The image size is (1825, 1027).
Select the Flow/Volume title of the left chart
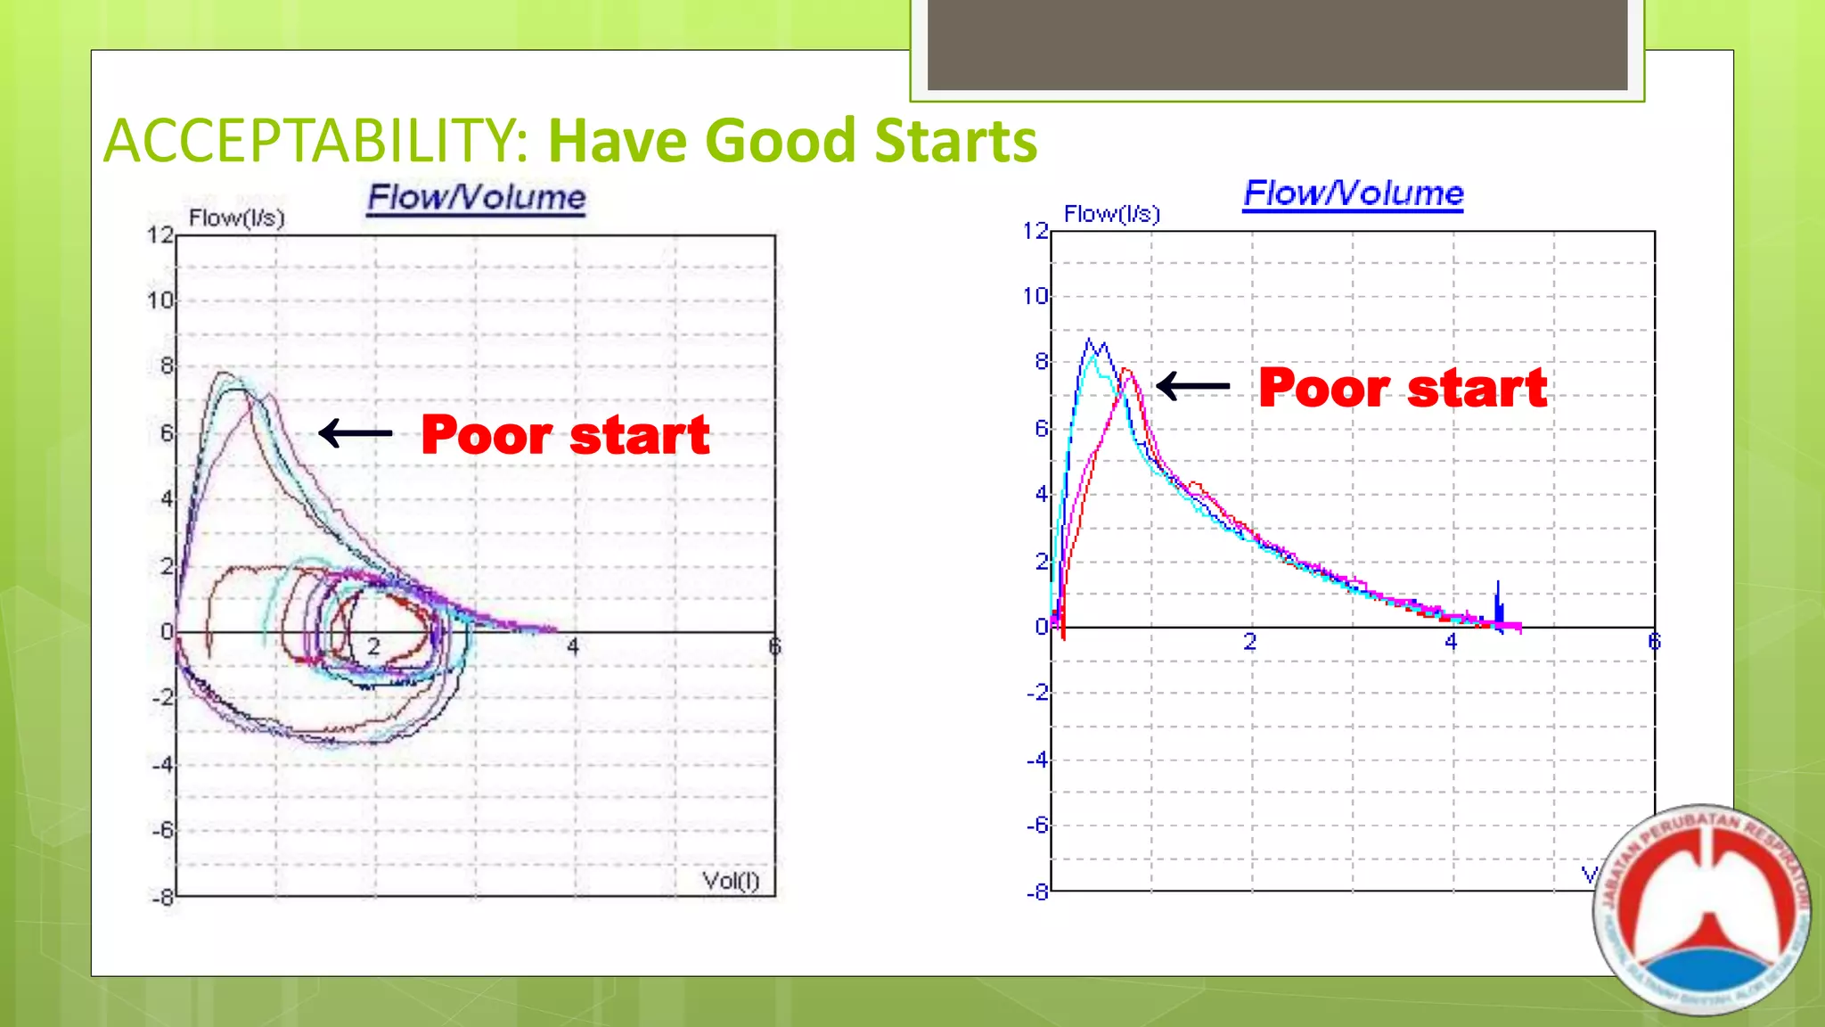477,197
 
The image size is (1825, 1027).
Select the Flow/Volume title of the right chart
1353,193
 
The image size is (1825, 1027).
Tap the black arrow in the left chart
355,433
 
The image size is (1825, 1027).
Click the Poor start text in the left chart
565,435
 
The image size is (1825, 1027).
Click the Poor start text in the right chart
1403,388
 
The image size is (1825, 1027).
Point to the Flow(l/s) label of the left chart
236,218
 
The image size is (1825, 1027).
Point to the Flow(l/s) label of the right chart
1111,214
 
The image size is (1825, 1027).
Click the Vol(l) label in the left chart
731,881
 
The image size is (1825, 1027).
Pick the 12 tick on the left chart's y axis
160,235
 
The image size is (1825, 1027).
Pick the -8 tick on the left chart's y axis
161,897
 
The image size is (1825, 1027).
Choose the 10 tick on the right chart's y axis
1035,296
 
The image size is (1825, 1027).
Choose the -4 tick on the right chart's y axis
1036,760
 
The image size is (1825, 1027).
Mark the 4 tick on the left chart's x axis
573,646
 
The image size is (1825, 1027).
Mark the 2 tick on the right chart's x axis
1250,641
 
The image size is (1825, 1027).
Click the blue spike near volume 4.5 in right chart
1499,603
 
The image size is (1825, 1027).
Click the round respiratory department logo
1702,909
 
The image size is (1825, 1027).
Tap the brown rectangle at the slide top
1276,45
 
